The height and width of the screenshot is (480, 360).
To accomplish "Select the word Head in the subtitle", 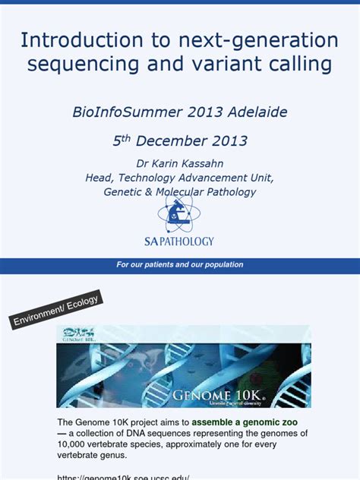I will [101, 178].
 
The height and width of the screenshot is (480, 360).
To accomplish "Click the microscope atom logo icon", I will [179, 213].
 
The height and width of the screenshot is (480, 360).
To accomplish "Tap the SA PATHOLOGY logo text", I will [179, 242].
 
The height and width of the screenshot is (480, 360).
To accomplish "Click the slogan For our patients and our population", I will [180, 265].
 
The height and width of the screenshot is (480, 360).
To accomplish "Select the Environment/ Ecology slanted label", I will [55, 311].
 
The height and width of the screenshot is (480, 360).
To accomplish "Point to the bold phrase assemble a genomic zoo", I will [245, 421].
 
